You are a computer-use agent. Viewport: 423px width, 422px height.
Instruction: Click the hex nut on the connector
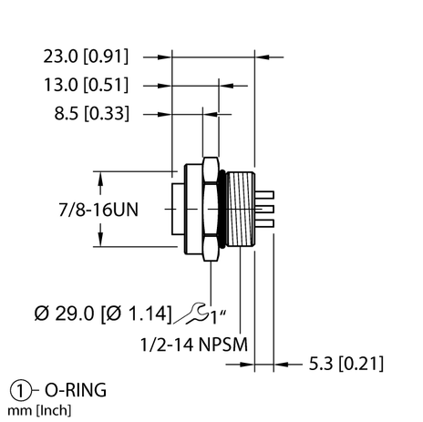coord(210,209)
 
